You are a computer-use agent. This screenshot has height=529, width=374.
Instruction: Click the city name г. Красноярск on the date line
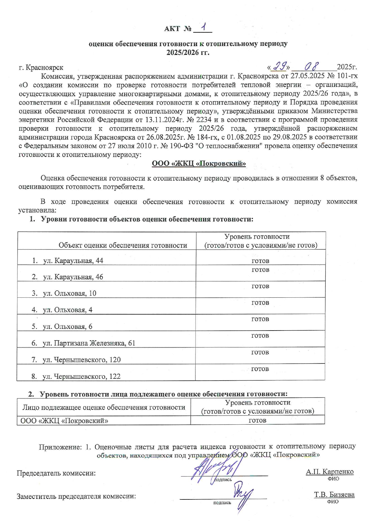(41, 68)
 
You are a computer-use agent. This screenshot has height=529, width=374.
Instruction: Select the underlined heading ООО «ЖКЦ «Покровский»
(198, 163)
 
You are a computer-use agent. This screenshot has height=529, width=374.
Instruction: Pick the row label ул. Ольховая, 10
(69, 293)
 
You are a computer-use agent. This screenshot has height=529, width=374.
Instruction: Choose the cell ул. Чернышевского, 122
(81, 376)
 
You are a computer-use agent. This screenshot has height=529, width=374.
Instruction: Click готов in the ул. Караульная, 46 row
(260, 270)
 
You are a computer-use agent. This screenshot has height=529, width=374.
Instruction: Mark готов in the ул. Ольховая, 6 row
(260, 319)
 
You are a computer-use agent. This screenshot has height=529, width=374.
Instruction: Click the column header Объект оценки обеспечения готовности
(123, 245)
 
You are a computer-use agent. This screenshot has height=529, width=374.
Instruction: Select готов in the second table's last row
(257, 420)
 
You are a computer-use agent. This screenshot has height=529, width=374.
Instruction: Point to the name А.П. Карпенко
(330, 471)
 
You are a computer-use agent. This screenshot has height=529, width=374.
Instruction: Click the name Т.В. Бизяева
(334, 495)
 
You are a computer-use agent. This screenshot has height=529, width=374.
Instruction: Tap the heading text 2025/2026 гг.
(188, 52)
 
